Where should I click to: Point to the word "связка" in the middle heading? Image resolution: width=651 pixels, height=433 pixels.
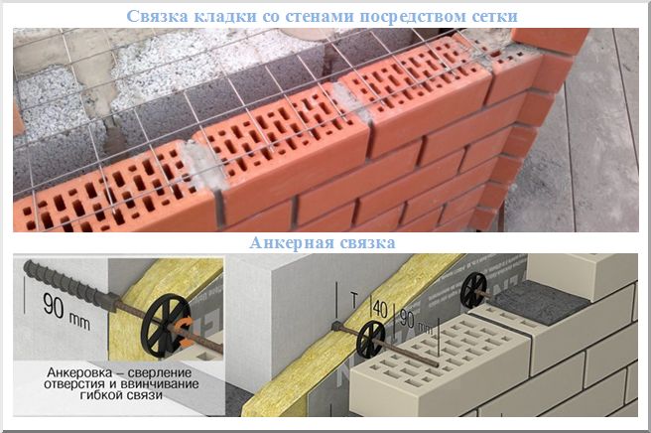point(364,243)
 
